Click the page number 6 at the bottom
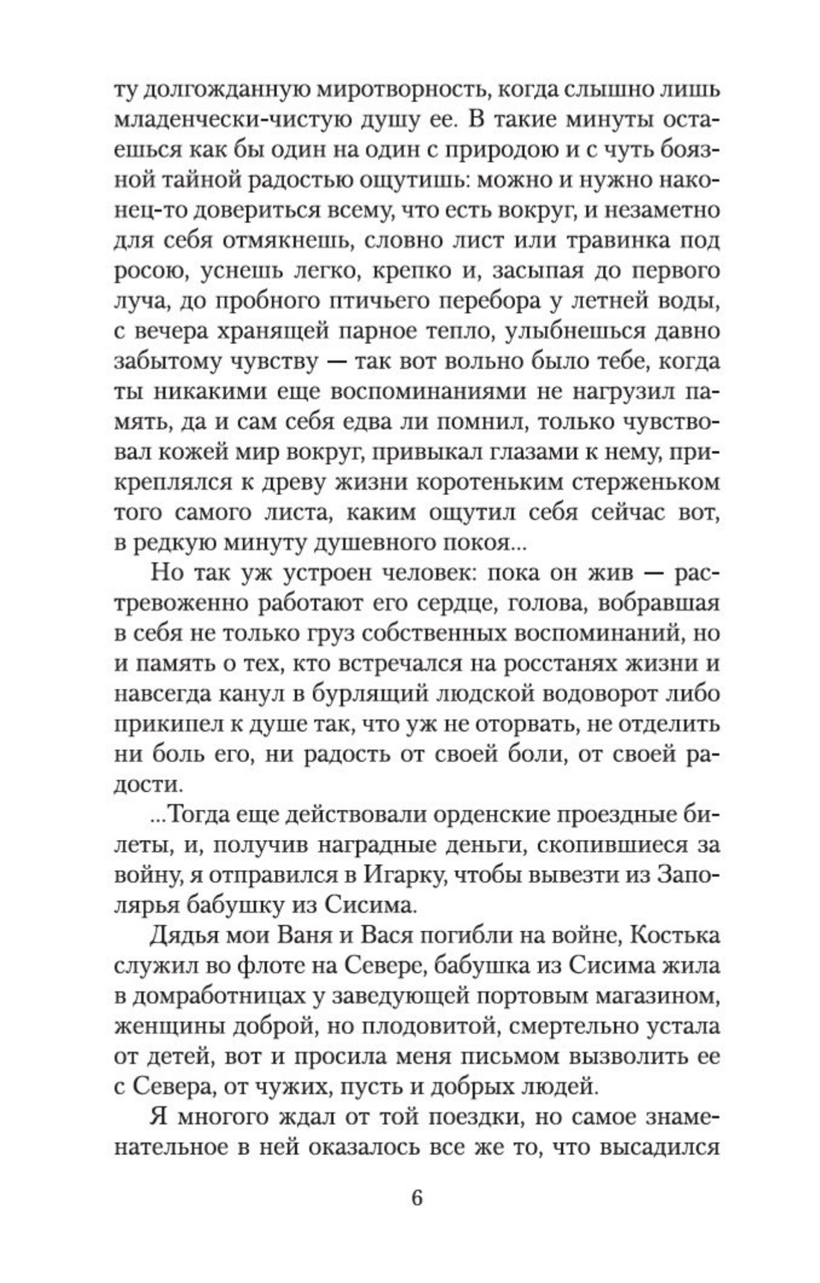pyautogui.click(x=416, y=1197)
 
